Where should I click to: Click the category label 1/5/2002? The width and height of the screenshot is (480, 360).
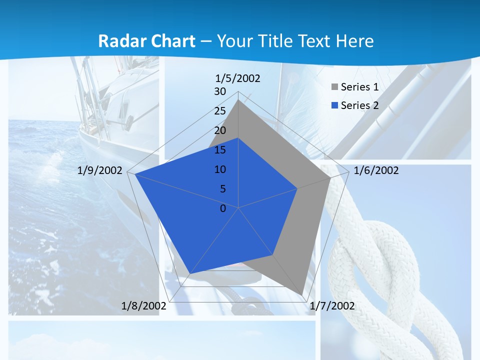[238, 78]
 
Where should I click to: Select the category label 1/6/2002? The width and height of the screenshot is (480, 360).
[376, 171]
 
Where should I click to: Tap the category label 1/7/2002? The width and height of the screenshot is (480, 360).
[332, 306]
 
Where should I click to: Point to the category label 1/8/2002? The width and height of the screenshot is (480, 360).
[143, 306]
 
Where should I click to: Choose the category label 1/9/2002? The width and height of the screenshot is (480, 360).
[100, 171]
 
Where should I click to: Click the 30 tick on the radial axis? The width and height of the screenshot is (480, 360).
[220, 91]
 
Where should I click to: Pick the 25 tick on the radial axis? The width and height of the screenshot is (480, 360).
[220, 111]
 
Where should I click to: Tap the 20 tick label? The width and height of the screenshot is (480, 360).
[220, 130]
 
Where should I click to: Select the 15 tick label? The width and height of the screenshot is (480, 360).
[220, 150]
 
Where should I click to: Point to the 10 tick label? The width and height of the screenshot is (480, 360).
[220, 169]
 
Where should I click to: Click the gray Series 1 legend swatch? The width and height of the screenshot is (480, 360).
[334, 87]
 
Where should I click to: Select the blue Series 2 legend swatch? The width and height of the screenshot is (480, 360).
[334, 105]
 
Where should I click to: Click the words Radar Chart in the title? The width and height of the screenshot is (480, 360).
[146, 41]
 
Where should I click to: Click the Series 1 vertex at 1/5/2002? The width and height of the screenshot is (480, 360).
[238, 100]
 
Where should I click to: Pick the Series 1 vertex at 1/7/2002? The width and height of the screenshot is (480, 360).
[302, 295]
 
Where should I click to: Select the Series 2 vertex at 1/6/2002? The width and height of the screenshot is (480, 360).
[297, 188]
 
